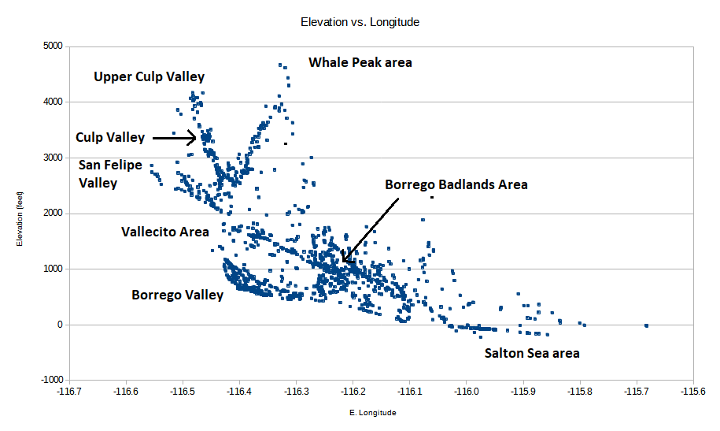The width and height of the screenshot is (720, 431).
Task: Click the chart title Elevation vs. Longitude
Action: pos(360,22)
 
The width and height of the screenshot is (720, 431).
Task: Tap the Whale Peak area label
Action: pos(360,62)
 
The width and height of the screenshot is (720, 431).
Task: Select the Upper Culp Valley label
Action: pos(149,76)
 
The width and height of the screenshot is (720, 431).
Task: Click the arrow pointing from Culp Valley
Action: pos(174,138)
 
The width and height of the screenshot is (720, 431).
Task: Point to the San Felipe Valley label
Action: pos(110,174)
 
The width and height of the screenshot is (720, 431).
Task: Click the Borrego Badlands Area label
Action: pos(456,184)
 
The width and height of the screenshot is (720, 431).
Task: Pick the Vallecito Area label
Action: pos(164,232)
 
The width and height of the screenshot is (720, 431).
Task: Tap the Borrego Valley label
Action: pos(177,295)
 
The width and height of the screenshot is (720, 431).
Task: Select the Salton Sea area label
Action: pos(532,353)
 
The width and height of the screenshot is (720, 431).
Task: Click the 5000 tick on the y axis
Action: pos(51,46)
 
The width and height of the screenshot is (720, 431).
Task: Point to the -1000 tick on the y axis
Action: pos(50,381)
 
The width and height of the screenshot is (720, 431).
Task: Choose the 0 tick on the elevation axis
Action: pos(57,325)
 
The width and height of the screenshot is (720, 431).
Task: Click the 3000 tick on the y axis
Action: pos(51,158)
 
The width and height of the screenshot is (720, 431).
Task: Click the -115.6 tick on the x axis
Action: pos(693,390)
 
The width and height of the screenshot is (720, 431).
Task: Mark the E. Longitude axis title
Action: pos(373,412)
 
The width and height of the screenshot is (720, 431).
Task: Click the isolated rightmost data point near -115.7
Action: pos(646,325)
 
